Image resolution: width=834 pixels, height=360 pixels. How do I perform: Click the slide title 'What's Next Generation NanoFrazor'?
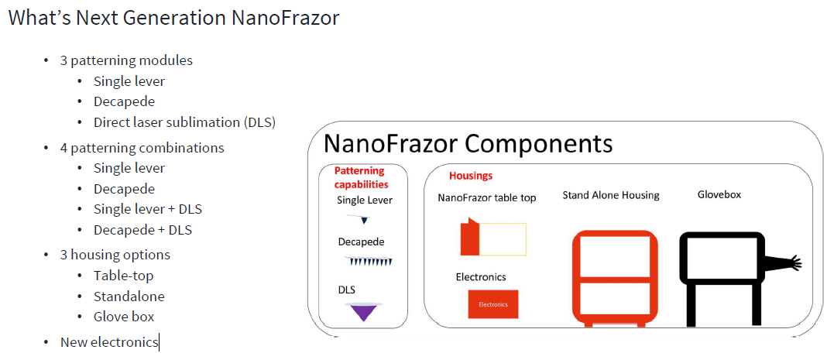(173, 18)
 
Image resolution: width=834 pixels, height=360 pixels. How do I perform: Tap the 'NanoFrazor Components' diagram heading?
(468, 143)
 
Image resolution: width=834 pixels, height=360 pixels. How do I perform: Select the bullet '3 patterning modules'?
(126, 60)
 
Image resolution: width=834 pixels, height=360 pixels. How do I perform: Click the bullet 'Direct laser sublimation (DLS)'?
(184, 122)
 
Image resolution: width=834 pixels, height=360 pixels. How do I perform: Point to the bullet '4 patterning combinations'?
(142, 147)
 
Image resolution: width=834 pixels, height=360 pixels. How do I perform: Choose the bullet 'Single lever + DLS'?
(148, 209)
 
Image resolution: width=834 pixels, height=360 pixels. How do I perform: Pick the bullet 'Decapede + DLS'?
(142, 230)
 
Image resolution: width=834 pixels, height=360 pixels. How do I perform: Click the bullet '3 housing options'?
(115, 255)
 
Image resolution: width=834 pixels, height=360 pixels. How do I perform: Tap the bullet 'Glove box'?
(124, 317)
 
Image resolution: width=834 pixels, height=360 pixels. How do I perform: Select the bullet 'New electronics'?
(109, 342)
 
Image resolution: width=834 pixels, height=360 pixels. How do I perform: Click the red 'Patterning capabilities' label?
(361, 177)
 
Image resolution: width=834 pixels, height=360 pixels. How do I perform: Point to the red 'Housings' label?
(471, 176)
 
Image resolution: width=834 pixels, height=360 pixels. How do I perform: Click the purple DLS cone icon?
(364, 311)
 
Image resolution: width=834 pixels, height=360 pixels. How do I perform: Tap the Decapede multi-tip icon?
(368, 261)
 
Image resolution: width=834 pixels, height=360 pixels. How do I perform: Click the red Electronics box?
(493, 304)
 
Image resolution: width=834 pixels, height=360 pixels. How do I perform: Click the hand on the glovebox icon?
(795, 262)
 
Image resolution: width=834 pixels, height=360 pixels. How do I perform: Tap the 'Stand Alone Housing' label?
(611, 196)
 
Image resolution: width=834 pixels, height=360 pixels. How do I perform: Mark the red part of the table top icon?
(469, 237)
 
